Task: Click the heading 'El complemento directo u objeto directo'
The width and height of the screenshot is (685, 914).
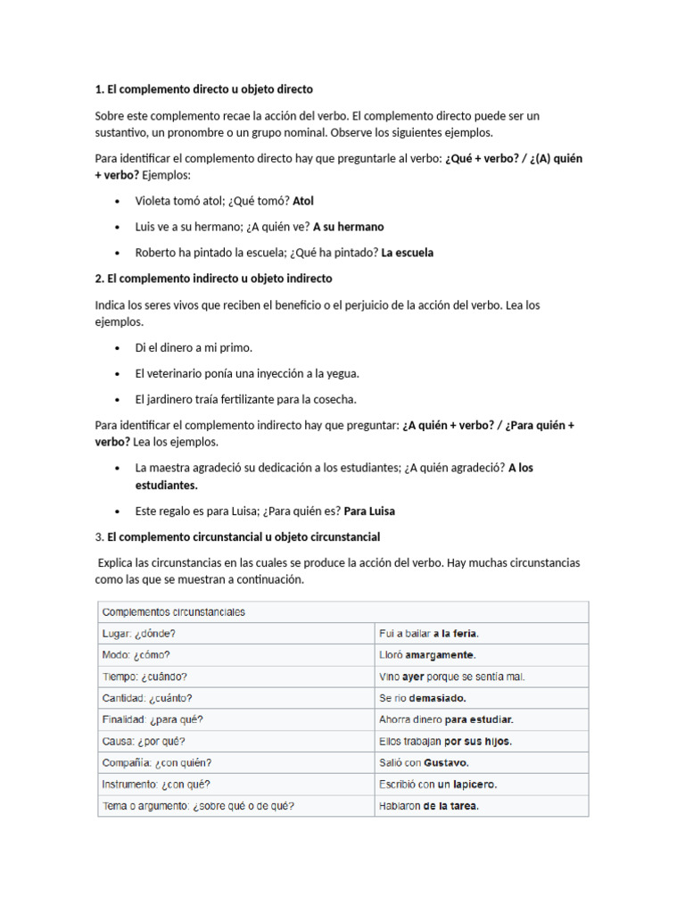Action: (210, 90)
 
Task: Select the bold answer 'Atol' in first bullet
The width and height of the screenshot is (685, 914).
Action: (303, 202)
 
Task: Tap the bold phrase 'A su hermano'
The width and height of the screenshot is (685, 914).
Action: (348, 227)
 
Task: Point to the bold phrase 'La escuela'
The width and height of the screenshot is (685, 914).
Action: (407, 253)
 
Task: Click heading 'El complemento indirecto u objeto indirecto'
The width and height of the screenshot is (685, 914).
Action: (219, 278)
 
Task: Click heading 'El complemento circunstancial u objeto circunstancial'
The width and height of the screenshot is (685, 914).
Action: (243, 537)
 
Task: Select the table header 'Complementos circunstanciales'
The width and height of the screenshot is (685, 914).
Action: (174, 612)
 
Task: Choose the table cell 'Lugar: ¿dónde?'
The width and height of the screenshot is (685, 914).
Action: (139, 634)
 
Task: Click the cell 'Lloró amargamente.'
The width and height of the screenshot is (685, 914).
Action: (427, 655)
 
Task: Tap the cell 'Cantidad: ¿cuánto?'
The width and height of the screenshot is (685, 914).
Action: (147, 698)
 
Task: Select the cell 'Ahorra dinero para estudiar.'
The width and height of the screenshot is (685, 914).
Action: (446, 719)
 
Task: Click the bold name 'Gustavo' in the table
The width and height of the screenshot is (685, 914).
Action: (446, 763)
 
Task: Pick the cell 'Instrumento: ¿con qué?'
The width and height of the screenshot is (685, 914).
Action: (157, 785)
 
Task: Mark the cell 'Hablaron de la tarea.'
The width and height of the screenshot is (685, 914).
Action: (429, 806)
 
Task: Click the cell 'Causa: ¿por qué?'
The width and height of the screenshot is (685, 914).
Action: (144, 742)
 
